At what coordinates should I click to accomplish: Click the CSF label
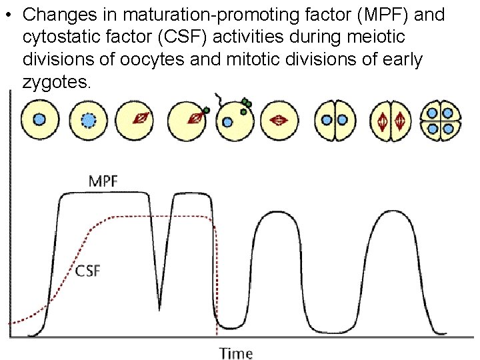coord(88,271)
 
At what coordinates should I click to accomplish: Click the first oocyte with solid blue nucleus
coord(39,119)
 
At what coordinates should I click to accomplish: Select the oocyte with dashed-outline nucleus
coord(89,120)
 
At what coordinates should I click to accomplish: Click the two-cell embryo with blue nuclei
coord(335,120)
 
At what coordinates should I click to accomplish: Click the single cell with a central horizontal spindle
coord(278,120)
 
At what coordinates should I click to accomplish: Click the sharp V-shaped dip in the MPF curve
coord(159,307)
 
